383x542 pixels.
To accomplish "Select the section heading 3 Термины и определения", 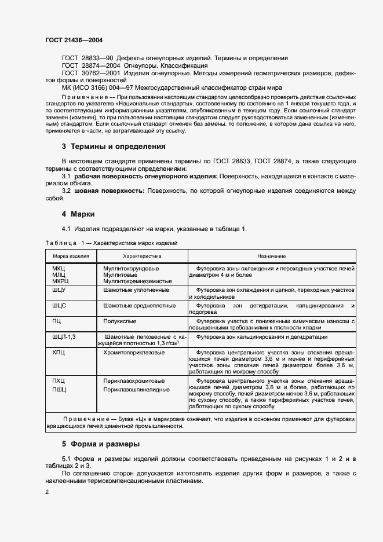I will click(x=114, y=147).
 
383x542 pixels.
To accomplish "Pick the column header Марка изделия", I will click(x=71, y=255).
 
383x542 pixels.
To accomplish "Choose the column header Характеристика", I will click(x=142, y=255).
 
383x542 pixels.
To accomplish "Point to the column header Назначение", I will click(x=272, y=255).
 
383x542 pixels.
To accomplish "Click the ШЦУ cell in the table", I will click(x=59, y=290).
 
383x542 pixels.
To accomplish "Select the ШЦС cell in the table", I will click(x=59, y=305).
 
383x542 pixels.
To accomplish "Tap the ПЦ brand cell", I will click(x=57, y=320).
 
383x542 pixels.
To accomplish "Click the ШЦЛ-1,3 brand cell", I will click(x=64, y=336).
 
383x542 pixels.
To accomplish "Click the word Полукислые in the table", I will click(x=120, y=320).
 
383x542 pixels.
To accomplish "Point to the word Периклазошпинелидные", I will click(x=136, y=390).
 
